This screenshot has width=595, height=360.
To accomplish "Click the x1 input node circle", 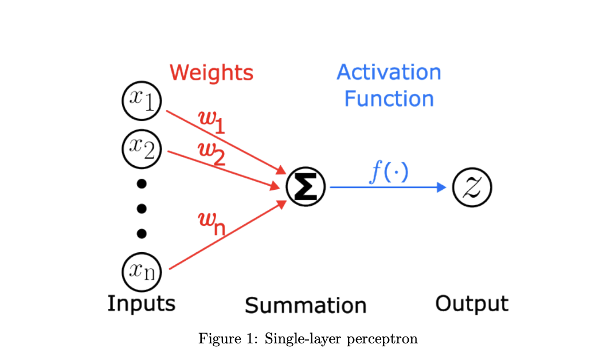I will coord(142,101).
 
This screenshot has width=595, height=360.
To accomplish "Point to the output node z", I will coord(472,187).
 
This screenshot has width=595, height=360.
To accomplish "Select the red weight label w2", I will coord(211,152).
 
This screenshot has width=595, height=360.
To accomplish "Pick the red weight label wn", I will coord(211,224).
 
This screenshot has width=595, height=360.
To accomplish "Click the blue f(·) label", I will coord(389,171).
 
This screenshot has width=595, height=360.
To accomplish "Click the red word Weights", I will coord(211,73).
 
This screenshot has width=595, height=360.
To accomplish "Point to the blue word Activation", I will coord(389,72).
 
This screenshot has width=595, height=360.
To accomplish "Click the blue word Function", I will coord(389,99).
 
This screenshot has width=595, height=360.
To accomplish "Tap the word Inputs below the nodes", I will coord(141,303).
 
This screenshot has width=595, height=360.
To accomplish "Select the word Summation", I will coord(306,305).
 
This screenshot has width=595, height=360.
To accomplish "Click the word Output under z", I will coord(471,303).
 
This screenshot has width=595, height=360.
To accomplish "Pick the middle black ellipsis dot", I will coord(142,208).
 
